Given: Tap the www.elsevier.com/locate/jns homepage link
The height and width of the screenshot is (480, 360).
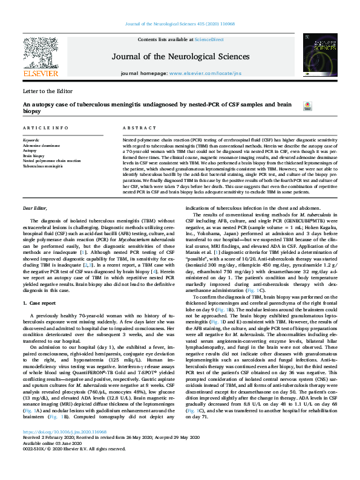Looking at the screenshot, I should [198, 72].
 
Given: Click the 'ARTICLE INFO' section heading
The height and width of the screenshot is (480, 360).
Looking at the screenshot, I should [45, 129].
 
